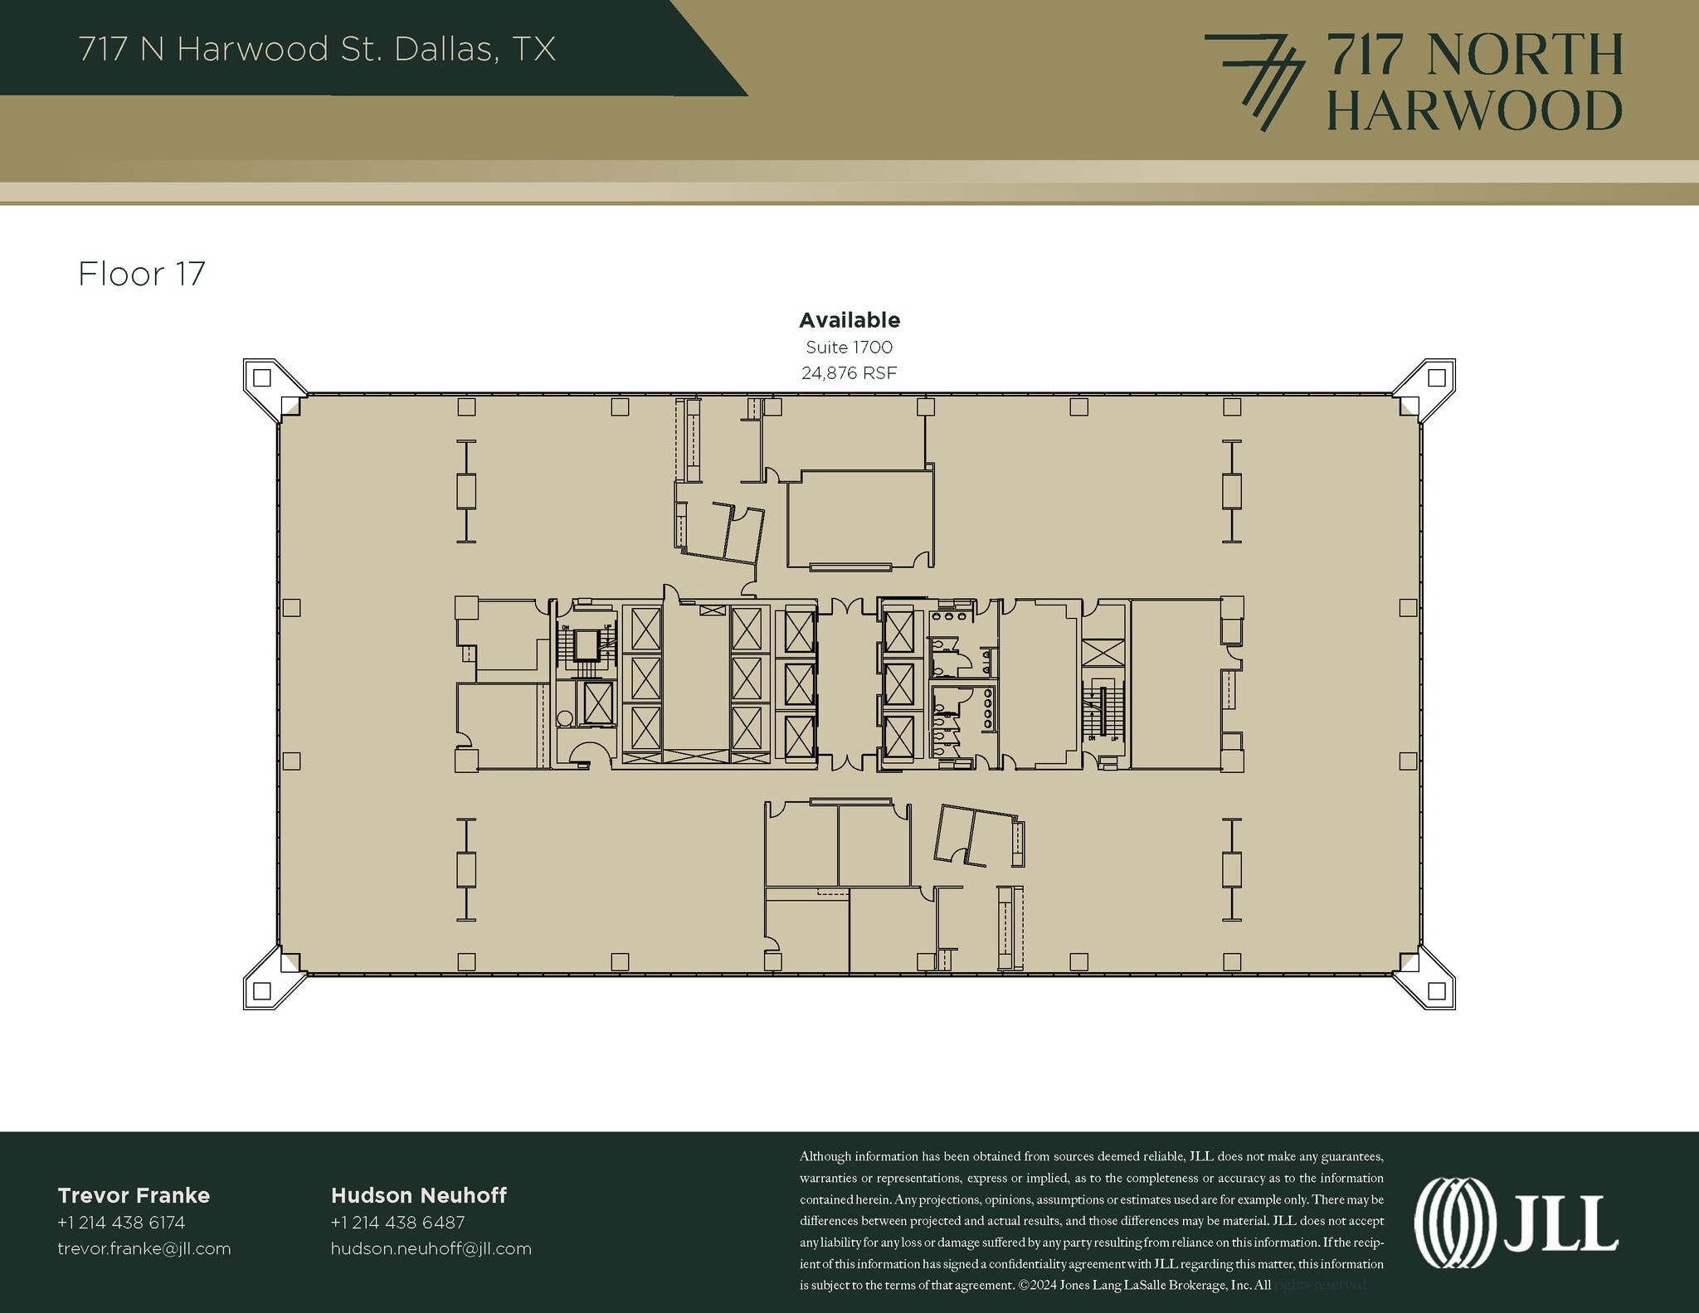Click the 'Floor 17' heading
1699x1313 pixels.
(141, 275)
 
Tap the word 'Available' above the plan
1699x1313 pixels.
(849, 320)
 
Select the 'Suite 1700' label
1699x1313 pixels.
(849, 348)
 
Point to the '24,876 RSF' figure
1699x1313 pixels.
(849, 373)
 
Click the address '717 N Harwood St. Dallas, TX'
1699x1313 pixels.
(317, 50)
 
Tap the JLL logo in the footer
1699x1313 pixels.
(1515, 1224)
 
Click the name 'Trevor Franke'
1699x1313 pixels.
(134, 1195)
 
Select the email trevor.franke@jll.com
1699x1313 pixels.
(144, 1248)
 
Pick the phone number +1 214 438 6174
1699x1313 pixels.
(121, 1223)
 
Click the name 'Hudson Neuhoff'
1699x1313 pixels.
(418, 1195)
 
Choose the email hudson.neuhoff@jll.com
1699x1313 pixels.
(431, 1248)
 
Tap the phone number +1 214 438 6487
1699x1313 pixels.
(397, 1223)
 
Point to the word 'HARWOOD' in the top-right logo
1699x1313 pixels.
(1474, 111)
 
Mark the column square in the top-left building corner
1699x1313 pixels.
(262, 378)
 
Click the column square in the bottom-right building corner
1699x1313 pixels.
(1437, 990)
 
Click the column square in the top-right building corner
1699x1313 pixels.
(1437, 378)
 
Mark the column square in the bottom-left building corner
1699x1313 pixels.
(262, 990)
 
